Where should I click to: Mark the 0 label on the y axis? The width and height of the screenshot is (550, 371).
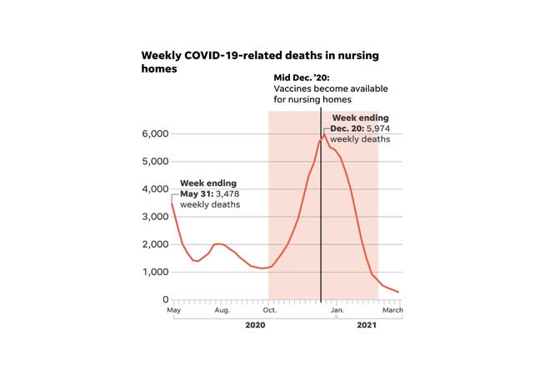pyautogui.click(x=165, y=299)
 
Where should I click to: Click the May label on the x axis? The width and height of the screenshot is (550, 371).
pyautogui.click(x=173, y=310)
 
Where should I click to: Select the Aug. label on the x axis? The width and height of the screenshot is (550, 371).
pyautogui.click(x=222, y=310)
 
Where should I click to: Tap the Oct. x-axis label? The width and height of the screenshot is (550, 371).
pyautogui.click(x=270, y=310)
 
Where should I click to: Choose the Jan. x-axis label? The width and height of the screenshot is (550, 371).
pyautogui.click(x=337, y=310)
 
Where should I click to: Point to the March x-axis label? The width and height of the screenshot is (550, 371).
pyautogui.click(x=392, y=310)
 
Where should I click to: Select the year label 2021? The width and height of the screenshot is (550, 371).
pyautogui.click(x=367, y=325)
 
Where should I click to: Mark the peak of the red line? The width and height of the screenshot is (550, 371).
pyautogui.click(x=324, y=134)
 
